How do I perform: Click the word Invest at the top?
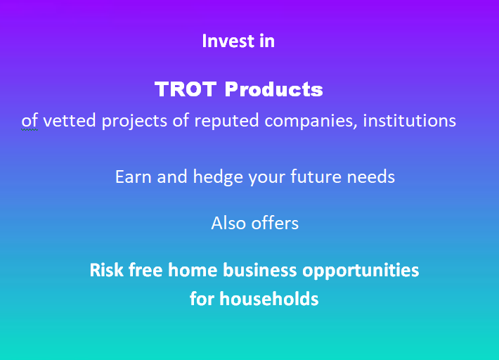[228, 41]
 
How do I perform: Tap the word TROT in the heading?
[186, 89]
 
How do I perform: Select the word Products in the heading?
[273, 89]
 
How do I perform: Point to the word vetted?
[70, 121]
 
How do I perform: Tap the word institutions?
[409, 121]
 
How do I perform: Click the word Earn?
[134, 176]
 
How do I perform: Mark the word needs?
[371, 176]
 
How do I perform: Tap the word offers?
[275, 223]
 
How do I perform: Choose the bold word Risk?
[106, 270]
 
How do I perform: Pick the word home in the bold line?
[193, 270]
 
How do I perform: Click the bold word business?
[259, 270]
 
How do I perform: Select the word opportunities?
[361, 271]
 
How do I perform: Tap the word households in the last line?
[269, 299]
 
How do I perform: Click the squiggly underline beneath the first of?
[30, 129]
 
